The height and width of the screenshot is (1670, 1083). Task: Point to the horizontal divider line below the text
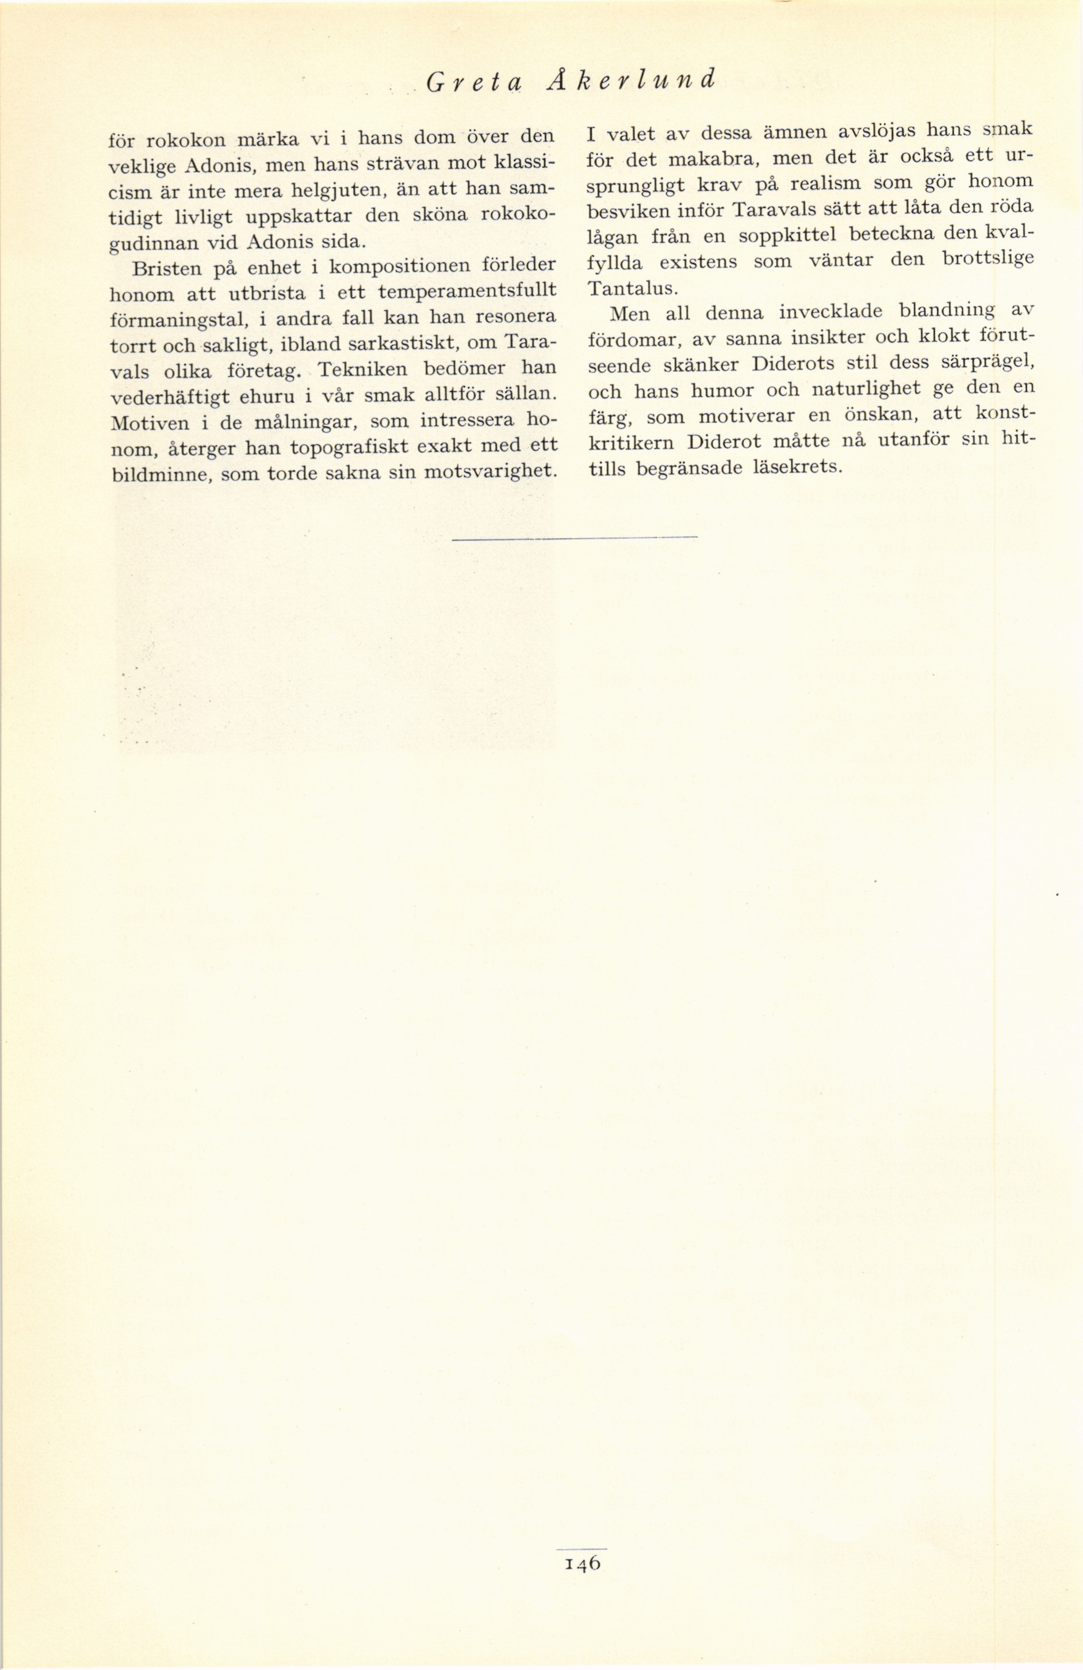(575, 538)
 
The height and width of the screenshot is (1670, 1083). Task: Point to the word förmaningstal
(177, 320)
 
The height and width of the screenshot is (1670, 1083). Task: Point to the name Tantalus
(629, 287)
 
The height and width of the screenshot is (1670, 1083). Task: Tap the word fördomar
(629, 340)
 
